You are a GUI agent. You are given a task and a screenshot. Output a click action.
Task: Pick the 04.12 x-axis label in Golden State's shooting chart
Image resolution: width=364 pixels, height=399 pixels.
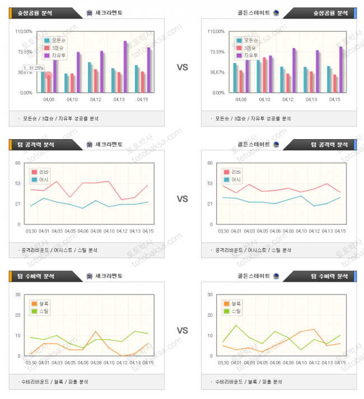287,99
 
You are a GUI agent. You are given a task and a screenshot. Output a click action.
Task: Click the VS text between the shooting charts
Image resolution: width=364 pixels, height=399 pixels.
182,67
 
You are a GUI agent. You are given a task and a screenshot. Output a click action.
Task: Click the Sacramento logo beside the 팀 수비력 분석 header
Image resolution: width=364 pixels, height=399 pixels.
90,276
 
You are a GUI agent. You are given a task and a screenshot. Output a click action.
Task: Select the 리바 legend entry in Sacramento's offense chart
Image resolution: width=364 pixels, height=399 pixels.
41,172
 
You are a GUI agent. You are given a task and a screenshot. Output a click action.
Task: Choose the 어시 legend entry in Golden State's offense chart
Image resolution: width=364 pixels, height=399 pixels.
232,179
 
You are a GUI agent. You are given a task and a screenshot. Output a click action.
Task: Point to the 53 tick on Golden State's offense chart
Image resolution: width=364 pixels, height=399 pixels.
209,183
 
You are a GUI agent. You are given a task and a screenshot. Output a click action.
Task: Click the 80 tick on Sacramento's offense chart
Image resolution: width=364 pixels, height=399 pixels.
17,163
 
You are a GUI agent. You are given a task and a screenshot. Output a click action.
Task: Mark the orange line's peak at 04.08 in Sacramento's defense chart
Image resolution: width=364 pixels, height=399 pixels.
96,331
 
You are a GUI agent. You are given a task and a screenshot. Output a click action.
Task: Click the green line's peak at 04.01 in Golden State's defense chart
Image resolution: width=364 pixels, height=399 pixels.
236,325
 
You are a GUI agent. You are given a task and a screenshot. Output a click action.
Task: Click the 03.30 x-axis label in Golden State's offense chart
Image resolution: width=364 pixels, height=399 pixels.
222,231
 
